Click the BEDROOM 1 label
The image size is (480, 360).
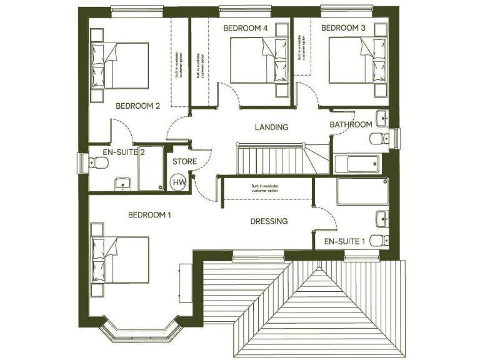pos(149,215)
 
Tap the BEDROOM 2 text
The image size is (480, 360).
pos(138,106)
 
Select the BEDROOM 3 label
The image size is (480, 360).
pos(343,28)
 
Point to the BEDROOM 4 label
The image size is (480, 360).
pos(246,28)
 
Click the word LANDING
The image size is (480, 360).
pos(271,127)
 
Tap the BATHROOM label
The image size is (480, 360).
pos(351,125)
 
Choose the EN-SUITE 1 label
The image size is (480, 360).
pos(344,241)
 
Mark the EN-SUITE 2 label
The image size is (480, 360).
pos(124,152)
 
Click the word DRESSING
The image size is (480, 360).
pos(269,221)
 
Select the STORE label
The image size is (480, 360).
pos(184,162)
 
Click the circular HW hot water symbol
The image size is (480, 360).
pos(179,182)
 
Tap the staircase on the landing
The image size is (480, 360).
pos(275,159)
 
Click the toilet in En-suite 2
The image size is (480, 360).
pos(98,164)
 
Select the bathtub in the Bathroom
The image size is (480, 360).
pos(357,164)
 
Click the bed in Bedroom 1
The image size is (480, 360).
pos(120,259)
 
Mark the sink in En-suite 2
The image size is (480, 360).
pos(122,182)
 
